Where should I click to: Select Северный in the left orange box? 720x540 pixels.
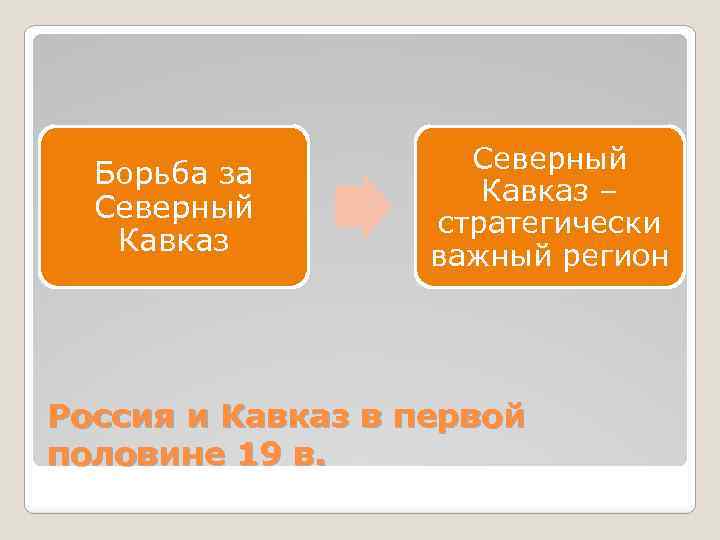(x=173, y=207)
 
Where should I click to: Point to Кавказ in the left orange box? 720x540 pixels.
(x=173, y=240)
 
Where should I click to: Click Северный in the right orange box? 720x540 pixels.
(x=549, y=158)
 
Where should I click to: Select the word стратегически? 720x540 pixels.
(x=549, y=223)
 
